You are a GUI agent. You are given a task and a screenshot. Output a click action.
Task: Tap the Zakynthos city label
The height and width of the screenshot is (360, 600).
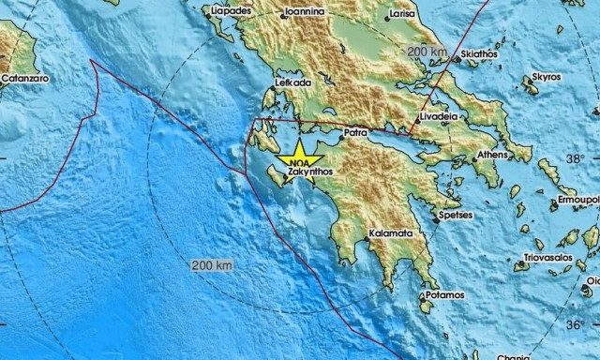312,172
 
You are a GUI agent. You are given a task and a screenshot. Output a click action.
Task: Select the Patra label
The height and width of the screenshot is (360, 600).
355,133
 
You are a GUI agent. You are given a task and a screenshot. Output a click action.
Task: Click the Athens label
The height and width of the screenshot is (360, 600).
492,154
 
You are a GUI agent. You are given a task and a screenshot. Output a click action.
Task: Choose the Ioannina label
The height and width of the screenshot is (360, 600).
305,11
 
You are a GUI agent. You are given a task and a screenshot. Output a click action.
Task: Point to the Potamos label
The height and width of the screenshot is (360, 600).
443,295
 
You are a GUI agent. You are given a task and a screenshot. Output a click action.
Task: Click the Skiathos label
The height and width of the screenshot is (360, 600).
477,57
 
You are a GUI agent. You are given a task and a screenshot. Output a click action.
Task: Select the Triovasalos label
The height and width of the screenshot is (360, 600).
547,256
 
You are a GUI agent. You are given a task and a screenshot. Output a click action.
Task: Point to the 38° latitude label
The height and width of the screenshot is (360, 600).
575,157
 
